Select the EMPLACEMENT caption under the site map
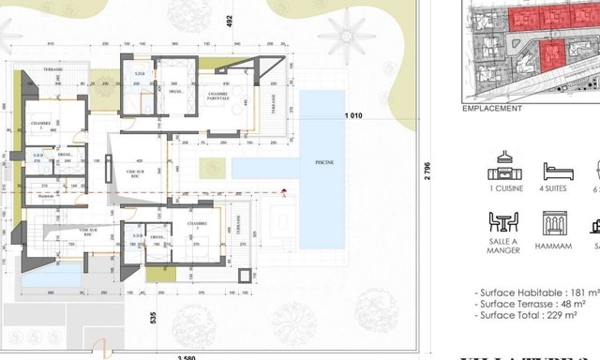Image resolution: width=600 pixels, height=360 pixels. pos(492,109)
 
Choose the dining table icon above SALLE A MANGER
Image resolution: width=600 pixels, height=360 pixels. pos(504,223)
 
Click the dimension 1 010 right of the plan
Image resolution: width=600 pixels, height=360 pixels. pos(352,115)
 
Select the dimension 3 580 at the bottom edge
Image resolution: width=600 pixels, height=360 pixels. pos(191,356)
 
